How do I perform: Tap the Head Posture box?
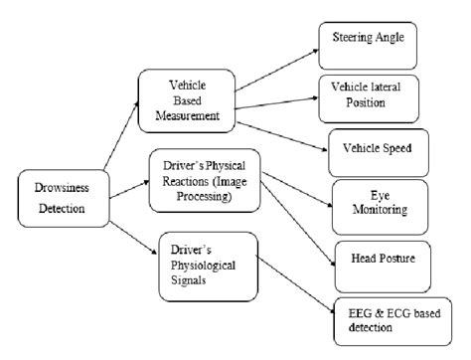point(383,257)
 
